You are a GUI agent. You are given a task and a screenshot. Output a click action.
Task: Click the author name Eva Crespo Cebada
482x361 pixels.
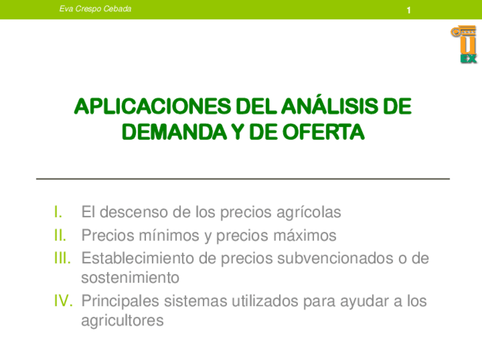pyautogui.click(x=95, y=9)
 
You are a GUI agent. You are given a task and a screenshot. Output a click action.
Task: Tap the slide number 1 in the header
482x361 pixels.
pyautogui.click(x=409, y=10)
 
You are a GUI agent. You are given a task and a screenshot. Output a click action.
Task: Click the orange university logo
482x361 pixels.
pyautogui.click(x=464, y=44)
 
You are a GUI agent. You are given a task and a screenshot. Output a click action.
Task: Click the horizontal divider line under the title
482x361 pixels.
pyautogui.click(x=243, y=179)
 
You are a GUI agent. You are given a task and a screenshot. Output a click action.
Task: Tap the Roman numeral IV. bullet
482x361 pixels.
pyautogui.click(x=63, y=300)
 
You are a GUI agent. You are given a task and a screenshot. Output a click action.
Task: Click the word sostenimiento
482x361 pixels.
pyautogui.click(x=130, y=278)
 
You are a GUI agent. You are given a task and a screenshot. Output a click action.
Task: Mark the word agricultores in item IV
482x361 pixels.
pyautogui.click(x=122, y=321)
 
